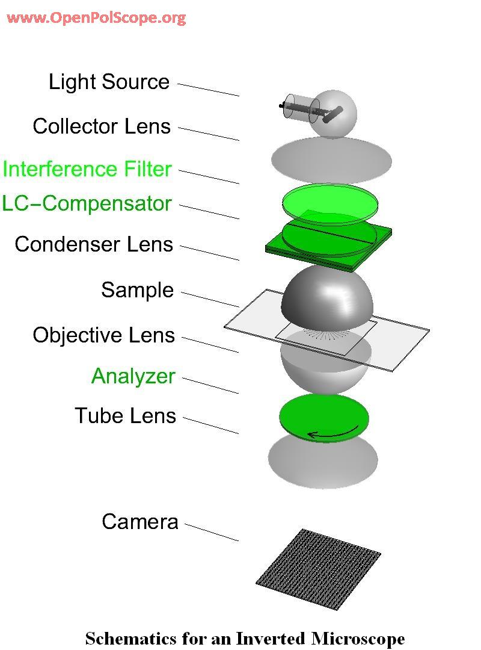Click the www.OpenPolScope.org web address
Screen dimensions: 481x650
tap(96, 18)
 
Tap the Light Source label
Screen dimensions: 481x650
tap(109, 82)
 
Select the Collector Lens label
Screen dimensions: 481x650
tap(102, 126)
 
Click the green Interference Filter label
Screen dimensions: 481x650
tap(87, 169)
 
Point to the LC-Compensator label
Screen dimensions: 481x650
tap(87, 203)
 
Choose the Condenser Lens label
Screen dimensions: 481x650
tap(94, 244)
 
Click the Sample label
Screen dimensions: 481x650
tap(138, 289)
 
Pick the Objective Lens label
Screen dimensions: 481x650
tap(103, 335)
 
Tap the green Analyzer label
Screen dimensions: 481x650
tap(133, 376)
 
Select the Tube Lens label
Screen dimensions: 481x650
tap(126, 415)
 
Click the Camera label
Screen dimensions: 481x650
tap(140, 521)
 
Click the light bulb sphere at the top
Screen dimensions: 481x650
tap(334, 114)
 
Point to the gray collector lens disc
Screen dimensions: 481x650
tap(331, 161)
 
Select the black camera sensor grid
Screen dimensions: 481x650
tap(318, 569)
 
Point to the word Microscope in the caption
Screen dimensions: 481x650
tap(358, 639)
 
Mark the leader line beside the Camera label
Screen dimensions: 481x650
tap(212, 533)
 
